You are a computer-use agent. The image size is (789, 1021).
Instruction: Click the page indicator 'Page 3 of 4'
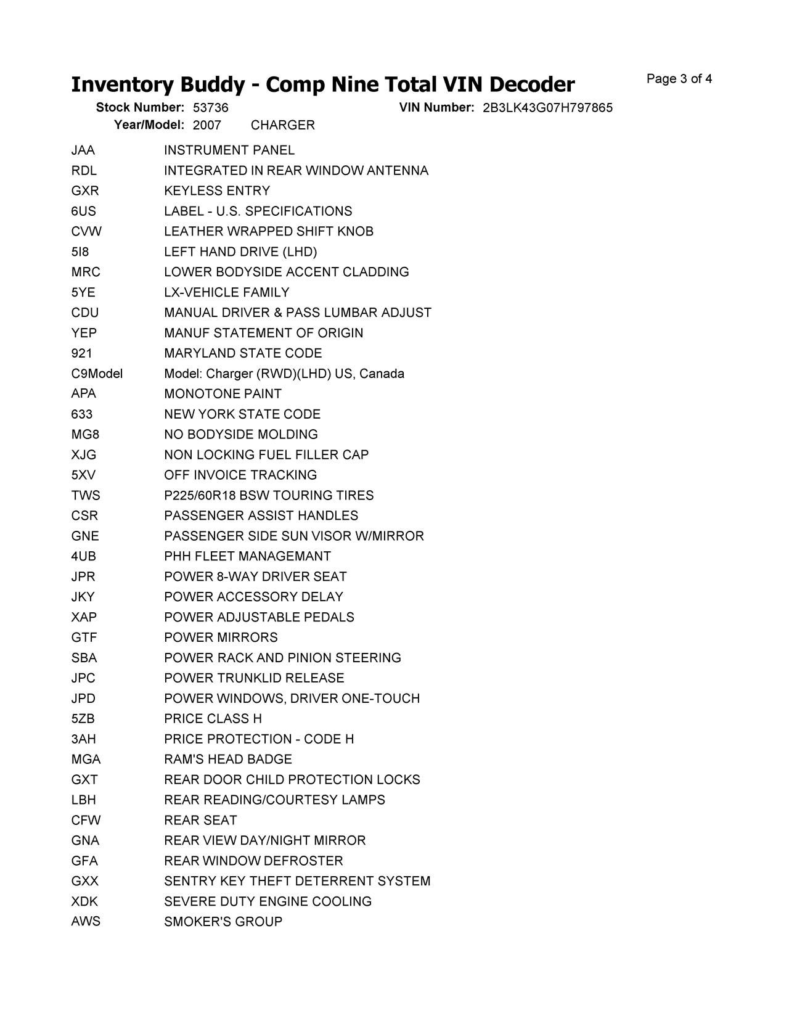679,79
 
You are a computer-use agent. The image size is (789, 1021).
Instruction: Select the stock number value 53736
210,108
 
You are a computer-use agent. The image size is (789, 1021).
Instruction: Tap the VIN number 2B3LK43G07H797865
547,108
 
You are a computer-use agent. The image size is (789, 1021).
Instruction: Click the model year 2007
206,125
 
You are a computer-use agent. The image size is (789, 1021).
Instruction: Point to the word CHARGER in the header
283,125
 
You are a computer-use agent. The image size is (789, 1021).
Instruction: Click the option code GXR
85,191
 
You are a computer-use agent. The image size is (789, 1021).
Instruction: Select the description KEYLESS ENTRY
217,191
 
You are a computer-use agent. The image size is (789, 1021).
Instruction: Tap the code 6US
84,211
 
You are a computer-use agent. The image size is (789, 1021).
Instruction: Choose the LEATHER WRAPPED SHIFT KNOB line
269,232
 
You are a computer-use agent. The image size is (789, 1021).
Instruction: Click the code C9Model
97,374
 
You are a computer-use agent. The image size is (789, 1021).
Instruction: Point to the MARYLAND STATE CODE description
243,353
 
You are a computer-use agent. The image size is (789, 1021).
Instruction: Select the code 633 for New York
82,414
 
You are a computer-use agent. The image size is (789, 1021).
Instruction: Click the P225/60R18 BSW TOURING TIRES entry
269,496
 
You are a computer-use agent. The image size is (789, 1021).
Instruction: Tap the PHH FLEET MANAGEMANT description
247,557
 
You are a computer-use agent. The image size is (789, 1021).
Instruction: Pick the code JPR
83,577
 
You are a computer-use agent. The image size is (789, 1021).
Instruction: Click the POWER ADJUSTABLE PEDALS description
259,618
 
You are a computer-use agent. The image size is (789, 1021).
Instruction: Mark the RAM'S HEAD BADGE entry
228,760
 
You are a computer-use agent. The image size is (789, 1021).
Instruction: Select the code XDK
84,902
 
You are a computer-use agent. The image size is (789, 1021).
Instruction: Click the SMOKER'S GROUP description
223,922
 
